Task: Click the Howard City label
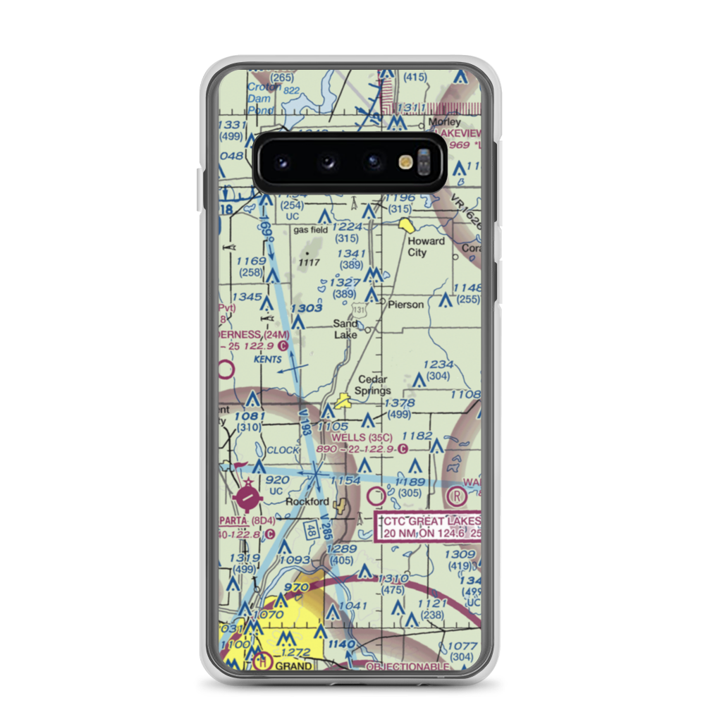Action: tap(427, 247)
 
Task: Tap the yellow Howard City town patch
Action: tap(407, 226)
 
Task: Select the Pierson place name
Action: tap(406, 305)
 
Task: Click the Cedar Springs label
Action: tap(374, 385)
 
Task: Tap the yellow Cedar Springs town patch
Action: tap(343, 402)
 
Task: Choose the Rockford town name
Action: tap(307, 502)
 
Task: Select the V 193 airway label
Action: tap(304, 422)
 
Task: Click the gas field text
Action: tap(311, 231)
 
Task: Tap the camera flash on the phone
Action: tap(405, 162)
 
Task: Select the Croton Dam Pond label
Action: tap(264, 99)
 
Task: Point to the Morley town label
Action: tap(445, 121)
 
